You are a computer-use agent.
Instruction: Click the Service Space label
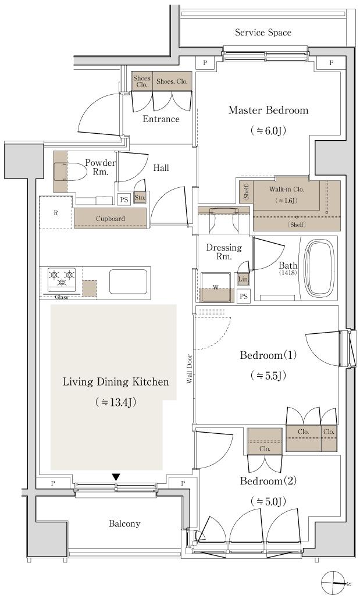click(263, 33)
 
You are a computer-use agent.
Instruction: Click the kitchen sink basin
click(129, 281)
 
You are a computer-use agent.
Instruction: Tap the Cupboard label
click(111, 219)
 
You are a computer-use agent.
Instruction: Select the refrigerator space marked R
click(56, 213)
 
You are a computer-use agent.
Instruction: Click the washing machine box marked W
click(216, 287)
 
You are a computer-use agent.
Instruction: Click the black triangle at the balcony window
click(116, 477)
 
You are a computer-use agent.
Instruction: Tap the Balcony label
click(124, 523)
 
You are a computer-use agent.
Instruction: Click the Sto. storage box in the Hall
click(140, 197)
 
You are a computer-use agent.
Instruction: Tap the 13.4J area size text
click(115, 402)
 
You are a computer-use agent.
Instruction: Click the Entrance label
click(161, 119)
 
